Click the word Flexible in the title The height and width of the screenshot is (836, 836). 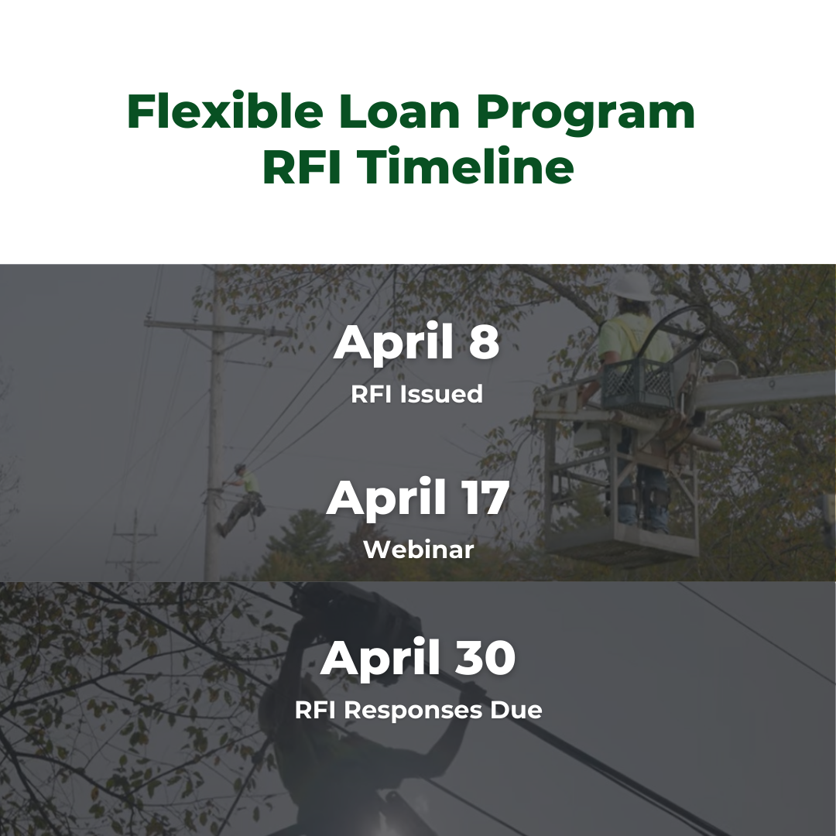tap(225, 112)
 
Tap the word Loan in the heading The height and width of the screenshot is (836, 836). tap(400, 112)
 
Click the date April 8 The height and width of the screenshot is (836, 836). tap(417, 342)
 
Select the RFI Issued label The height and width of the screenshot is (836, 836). tap(417, 394)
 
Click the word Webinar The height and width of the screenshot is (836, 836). tap(418, 550)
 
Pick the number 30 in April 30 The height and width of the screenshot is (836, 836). tap(484, 658)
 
